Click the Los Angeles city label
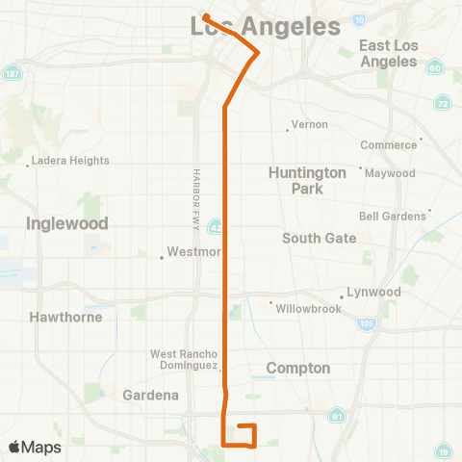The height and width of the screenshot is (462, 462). pyautogui.click(x=267, y=27)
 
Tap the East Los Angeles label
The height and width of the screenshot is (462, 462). pyautogui.click(x=389, y=53)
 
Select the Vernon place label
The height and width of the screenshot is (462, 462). pyautogui.click(x=310, y=125)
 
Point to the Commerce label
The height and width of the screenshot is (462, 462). pyautogui.click(x=388, y=145)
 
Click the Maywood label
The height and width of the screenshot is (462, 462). pyautogui.click(x=390, y=173)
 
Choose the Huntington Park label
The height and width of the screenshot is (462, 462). pyautogui.click(x=307, y=180)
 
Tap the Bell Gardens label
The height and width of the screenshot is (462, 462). pyautogui.click(x=392, y=217)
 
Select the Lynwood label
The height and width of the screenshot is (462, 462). pyautogui.click(x=374, y=292)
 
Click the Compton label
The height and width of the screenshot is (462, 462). pyautogui.click(x=297, y=369)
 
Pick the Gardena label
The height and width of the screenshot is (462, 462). pyautogui.click(x=150, y=396)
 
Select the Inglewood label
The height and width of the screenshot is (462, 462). pyautogui.click(x=66, y=223)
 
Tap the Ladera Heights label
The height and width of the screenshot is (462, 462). pyautogui.click(x=70, y=161)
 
